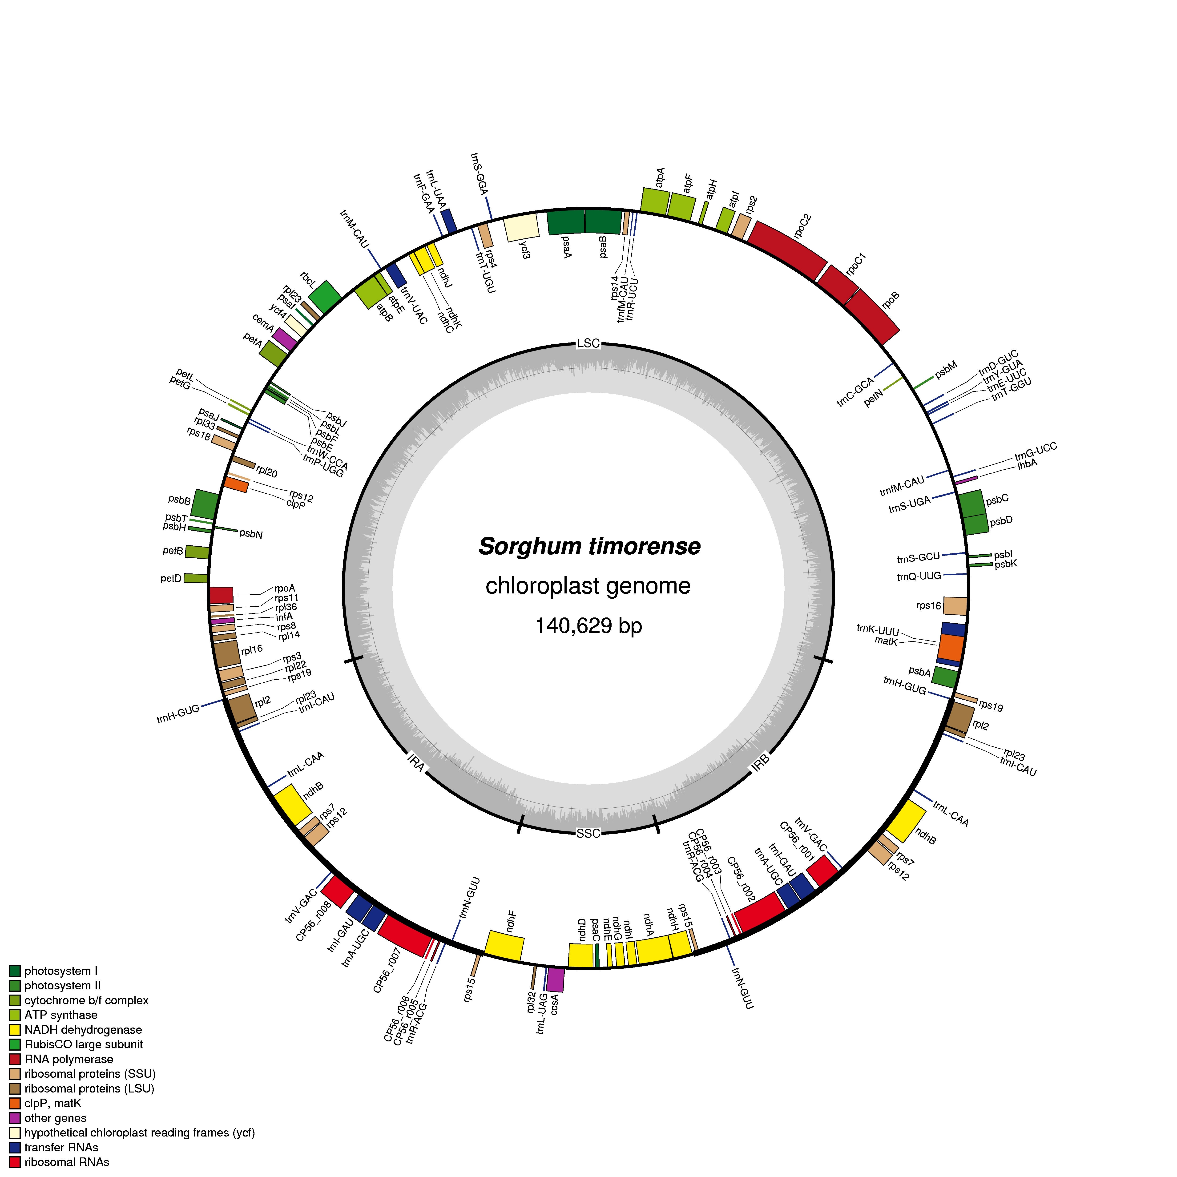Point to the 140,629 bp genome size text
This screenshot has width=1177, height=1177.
coord(588,626)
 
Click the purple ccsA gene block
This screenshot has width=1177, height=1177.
coord(555,979)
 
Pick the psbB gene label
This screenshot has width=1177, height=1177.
coord(180,500)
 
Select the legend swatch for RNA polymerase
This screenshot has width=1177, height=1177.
coord(15,1059)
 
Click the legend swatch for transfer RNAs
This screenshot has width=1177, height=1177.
coord(15,1147)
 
